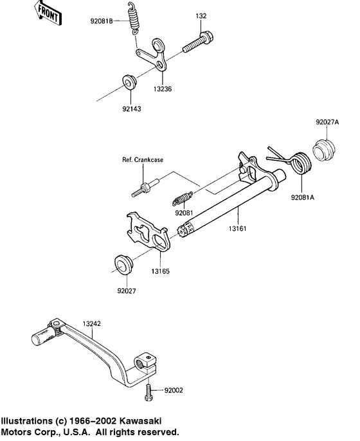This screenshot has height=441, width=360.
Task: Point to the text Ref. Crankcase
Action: [142, 159]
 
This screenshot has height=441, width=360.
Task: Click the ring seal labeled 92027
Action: [123, 265]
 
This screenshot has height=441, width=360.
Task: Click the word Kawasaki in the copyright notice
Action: [136, 421]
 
